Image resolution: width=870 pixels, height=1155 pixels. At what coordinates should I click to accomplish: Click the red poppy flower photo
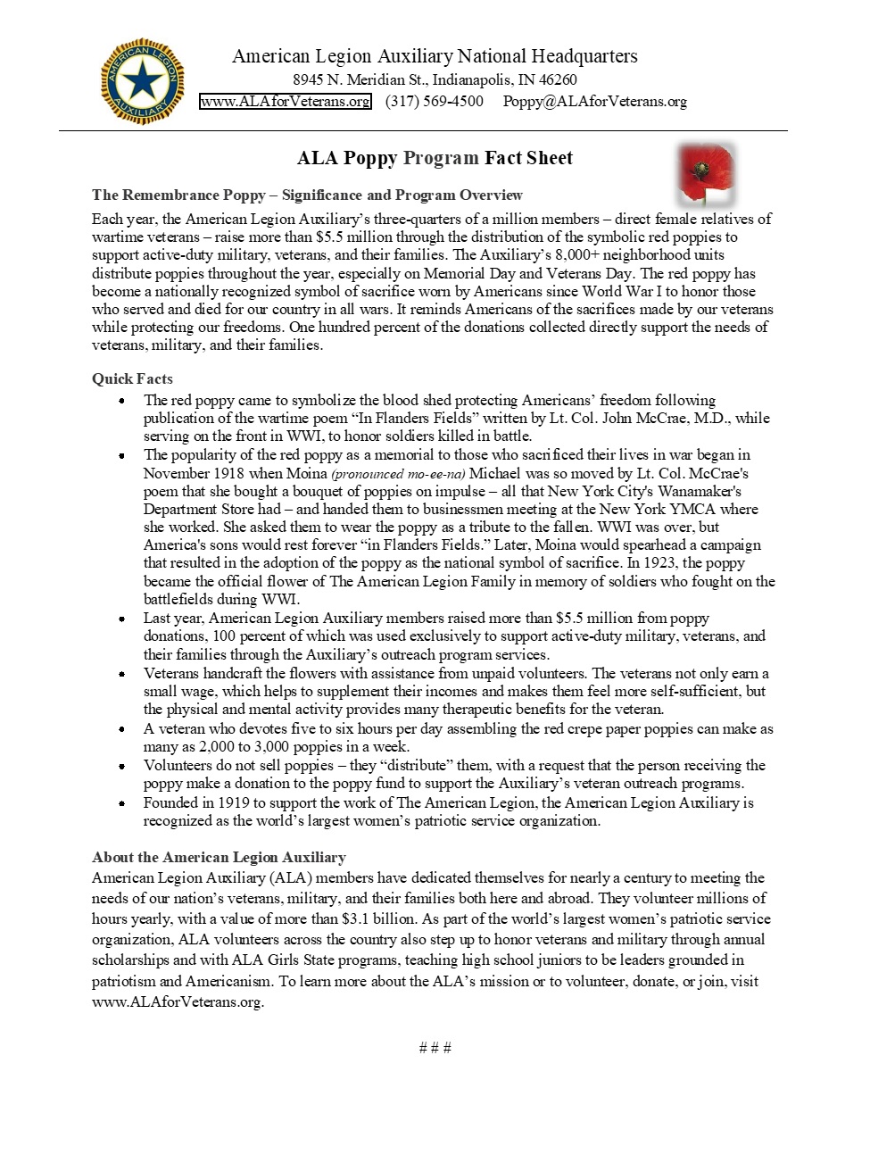705,171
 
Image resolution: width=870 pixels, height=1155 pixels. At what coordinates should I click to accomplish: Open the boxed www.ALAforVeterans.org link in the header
286,101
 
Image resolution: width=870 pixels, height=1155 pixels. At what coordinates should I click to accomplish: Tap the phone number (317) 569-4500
434,101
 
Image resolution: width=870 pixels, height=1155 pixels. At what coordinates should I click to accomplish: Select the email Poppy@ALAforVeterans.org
594,101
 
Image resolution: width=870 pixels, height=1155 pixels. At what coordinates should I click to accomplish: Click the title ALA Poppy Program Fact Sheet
435,158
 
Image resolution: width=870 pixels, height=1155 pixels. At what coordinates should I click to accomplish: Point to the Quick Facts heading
132,378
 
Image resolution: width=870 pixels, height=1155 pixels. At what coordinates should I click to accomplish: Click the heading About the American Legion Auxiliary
219,857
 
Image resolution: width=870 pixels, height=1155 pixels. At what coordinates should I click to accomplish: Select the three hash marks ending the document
435,1047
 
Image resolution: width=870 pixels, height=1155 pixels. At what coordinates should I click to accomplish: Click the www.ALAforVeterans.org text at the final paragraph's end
178,1001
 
